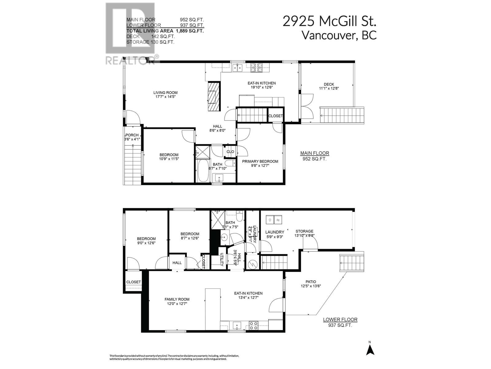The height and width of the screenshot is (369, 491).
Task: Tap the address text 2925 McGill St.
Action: pyautogui.click(x=329, y=22)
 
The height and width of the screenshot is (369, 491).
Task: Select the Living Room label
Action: pyautogui.click(x=165, y=93)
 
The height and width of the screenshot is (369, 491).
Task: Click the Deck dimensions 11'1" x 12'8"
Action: pyautogui.click(x=329, y=88)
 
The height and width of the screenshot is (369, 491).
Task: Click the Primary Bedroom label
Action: pyautogui.click(x=260, y=161)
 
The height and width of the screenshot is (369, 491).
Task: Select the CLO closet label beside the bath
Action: pyautogui.click(x=230, y=152)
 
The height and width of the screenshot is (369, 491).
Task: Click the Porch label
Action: pyautogui.click(x=132, y=135)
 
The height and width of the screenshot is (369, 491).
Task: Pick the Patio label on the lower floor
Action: pyautogui.click(x=311, y=282)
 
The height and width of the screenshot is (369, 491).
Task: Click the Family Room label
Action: pyautogui.click(x=177, y=299)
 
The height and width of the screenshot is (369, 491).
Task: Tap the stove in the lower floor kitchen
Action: pyautogui.click(x=253, y=325)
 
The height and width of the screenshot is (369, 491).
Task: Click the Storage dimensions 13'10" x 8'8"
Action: pyautogui.click(x=304, y=236)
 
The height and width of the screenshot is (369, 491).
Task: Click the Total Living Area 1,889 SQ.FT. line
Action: pyautogui.click(x=165, y=31)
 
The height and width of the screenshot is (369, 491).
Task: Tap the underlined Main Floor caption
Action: pyautogui.click(x=315, y=153)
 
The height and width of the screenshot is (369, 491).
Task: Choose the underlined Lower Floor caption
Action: pyautogui.click(x=340, y=319)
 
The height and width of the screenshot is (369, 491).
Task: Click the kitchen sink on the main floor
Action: pyautogui.click(x=237, y=67)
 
